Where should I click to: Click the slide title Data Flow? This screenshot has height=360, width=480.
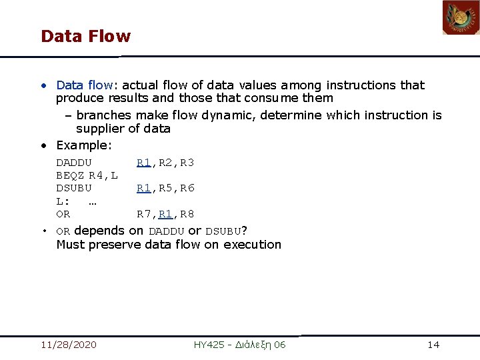[x=85, y=36]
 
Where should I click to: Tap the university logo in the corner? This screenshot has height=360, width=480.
[x=461, y=18]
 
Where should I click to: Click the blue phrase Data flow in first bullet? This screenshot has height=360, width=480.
[x=85, y=85]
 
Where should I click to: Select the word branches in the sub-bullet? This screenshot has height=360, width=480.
[x=103, y=115]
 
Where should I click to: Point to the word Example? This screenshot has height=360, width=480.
[x=83, y=145]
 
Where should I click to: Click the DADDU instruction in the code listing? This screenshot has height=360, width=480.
[x=74, y=163]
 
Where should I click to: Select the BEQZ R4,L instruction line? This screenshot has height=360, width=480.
[x=87, y=175]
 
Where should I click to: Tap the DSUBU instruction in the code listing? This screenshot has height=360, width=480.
[x=74, y=188]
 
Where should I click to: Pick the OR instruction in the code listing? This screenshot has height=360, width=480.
[x=63, y=214]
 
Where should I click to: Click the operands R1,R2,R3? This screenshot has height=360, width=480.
[x=165, y=163]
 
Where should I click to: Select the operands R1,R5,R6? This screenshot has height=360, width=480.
[x=165, y=188]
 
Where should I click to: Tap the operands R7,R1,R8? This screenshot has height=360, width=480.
[x=165, y=214]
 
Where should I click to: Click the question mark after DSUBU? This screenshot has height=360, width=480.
[x=244, y=231]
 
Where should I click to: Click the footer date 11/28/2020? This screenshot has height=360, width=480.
[x=68, y=345]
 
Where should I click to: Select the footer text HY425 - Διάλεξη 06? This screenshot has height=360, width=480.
[x=239, y=345]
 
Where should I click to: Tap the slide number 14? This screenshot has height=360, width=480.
[x=433, y=345]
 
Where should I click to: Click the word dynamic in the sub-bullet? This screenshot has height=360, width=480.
[x=231, y=115]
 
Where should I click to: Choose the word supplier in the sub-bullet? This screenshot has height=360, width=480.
[x=99, y=129]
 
